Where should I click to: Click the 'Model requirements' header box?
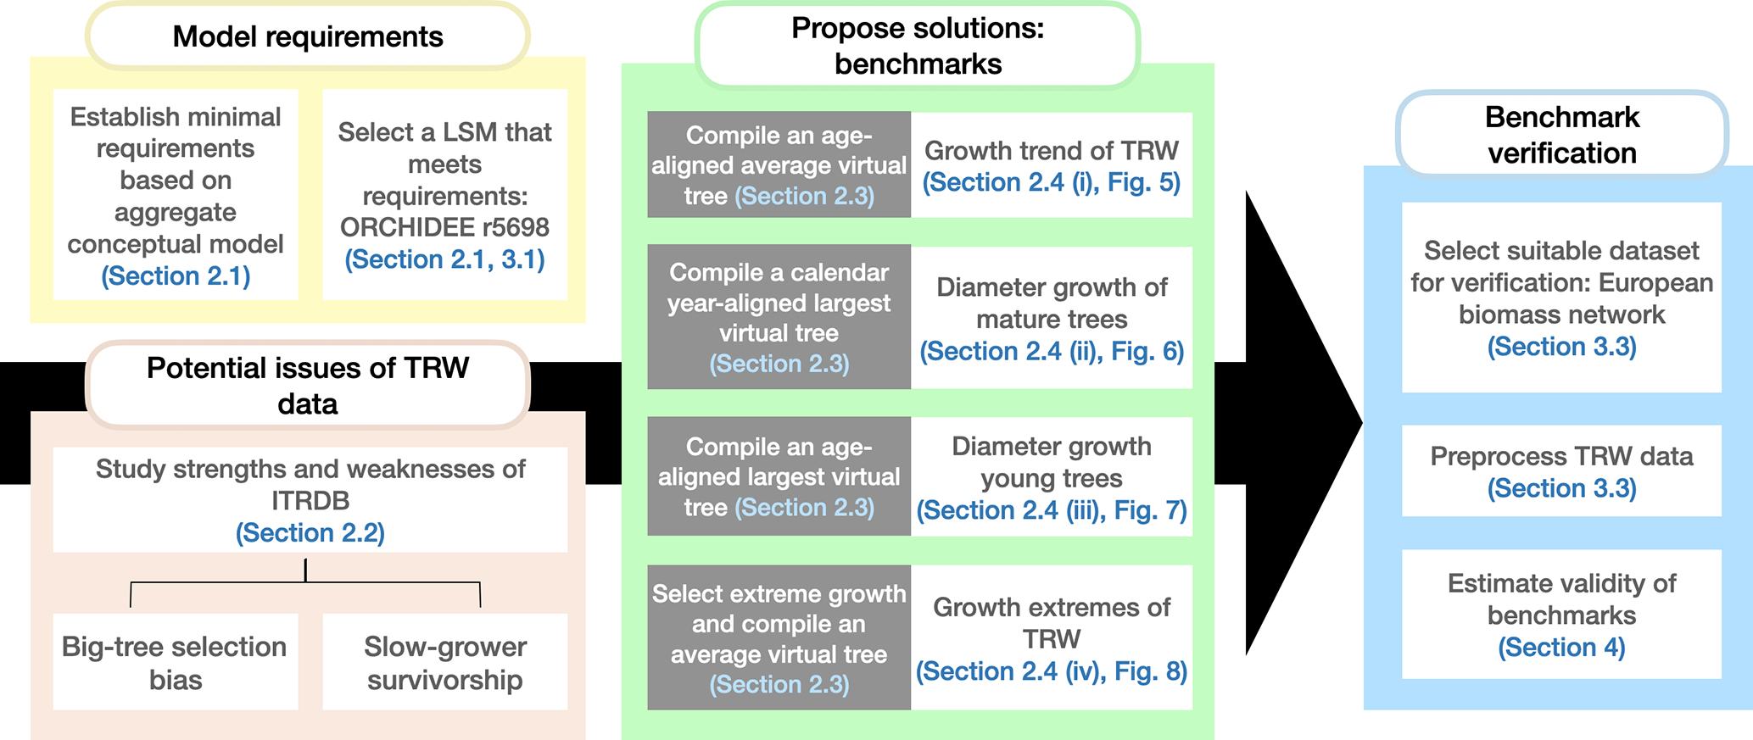307,36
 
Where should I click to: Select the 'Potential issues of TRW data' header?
307,386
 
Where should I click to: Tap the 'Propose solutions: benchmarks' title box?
918,46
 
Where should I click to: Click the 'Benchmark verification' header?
1561,135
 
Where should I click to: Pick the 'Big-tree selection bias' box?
176,662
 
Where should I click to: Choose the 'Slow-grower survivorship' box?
444,662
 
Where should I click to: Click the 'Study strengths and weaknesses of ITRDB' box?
310,499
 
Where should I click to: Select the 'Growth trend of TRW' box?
1052,165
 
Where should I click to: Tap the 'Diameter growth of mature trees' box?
1052,318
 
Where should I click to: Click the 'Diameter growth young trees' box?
1052,477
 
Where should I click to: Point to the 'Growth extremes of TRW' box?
1052,637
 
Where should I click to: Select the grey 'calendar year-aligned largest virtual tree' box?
779,318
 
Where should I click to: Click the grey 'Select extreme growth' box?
779,637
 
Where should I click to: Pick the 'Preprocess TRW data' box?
1561,471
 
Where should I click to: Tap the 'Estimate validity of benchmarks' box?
1561,614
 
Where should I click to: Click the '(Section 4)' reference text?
1561,648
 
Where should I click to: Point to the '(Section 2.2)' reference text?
310,533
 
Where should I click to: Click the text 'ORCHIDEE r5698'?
444,227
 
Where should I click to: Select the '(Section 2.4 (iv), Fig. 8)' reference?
1052,671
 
